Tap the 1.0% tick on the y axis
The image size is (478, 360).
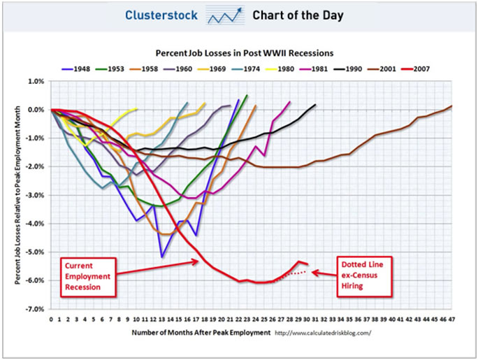pos(36,81)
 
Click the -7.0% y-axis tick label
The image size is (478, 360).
pos(34,308)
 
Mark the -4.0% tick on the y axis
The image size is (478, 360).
pos(34,223)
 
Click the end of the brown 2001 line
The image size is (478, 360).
pos(451,106)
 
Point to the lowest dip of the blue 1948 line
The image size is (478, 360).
pos(162,257)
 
